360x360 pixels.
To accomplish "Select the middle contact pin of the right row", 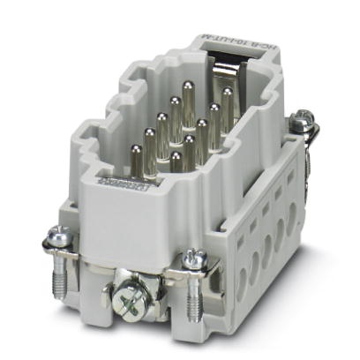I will click(202, 128).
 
